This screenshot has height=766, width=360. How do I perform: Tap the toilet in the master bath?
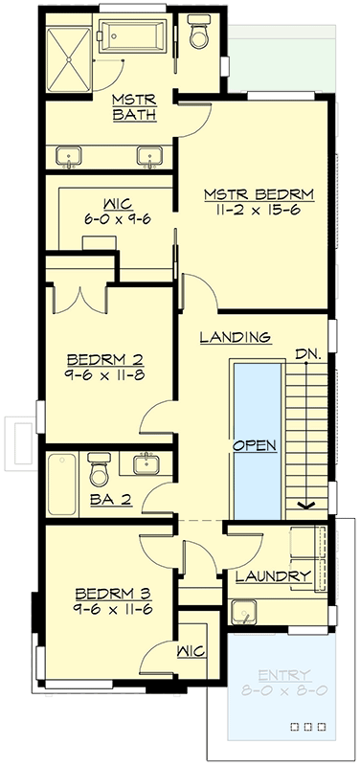199,33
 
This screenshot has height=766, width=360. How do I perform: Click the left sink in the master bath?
70,154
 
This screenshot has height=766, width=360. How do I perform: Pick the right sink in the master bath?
148,154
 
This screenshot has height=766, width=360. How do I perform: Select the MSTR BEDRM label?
259,194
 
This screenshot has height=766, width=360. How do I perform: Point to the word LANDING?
236,337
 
